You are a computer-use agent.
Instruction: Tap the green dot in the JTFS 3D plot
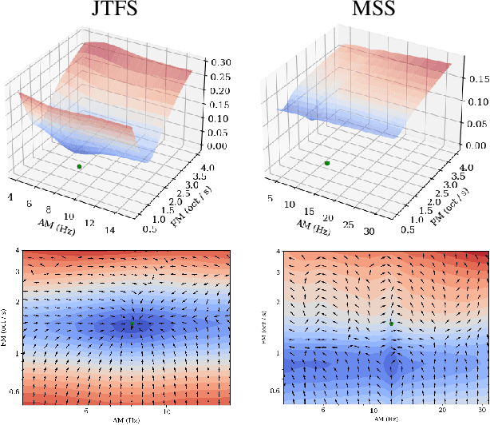(x=79, y=166)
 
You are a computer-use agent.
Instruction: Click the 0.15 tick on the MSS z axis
(x=477, y=80)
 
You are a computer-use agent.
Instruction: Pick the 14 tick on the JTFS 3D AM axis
(x=110, y=232)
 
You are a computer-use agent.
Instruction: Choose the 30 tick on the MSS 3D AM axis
(x=369, y=232)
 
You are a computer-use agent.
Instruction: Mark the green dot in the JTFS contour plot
(x=132, y=325)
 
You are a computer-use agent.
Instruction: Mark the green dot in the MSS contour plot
(x=392, y=321)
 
